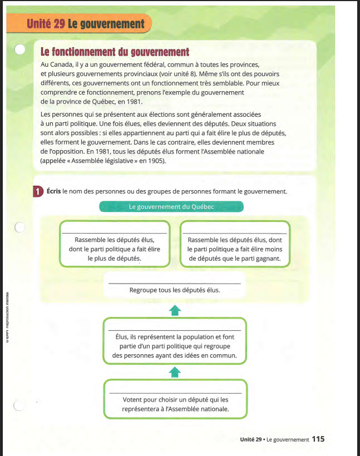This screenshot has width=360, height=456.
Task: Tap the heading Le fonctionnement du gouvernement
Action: pyautogui.click(x=115, y=52)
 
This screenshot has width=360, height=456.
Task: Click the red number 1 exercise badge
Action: pyautogui.click(x=38, y=191)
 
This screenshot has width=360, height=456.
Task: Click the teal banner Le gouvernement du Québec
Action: pyautogui.click(x=171, y=206)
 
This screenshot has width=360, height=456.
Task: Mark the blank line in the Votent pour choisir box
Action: pyautogui.click(x=175, y=393)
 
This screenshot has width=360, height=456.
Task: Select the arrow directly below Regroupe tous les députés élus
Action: pyautogui.click(x=175, y=310)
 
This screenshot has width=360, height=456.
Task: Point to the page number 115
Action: pyautogui.click(x=318, y=439)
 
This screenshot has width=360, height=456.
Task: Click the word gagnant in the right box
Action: pyautogui.click(x=269, y=259)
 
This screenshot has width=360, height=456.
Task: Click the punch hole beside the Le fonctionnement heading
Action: pyautogui.click(x=20, y=50)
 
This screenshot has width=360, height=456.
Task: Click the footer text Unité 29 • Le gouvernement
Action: pyautogui.click(x=274, y=439)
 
